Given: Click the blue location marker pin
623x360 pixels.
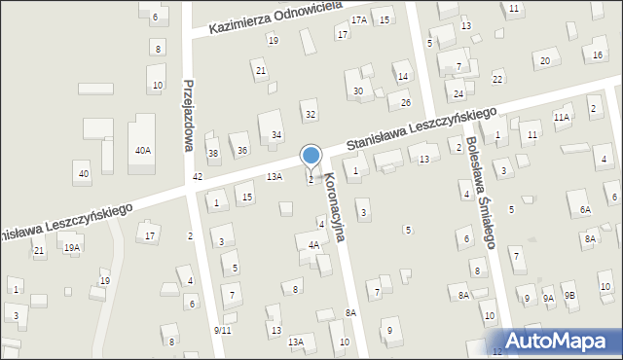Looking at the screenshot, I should (311, 157).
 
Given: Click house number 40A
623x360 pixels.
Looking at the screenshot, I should (143, 151).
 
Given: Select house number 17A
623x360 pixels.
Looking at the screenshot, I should (359, 19).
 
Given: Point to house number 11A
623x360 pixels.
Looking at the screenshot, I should (562, 117).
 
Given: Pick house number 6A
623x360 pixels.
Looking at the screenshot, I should (585, 210).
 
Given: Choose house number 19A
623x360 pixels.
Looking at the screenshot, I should (72, 248).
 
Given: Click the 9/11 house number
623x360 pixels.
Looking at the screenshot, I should (222, 331).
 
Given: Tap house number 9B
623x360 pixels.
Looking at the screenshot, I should (570, 296).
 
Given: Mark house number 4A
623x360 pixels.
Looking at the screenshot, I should (313, 246).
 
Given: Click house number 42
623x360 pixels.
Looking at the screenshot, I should (198, 176).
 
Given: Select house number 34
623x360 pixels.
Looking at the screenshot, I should (277, 134).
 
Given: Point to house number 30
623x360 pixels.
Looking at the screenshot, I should (358, 91).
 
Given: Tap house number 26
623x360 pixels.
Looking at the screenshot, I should (406, 103).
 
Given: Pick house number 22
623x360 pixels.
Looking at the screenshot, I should (497, 79).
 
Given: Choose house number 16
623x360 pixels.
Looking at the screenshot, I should (597, 56).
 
